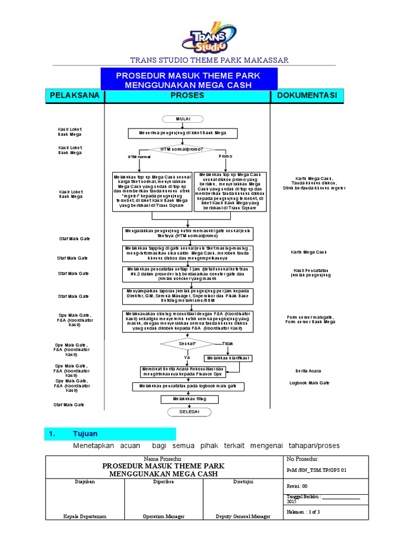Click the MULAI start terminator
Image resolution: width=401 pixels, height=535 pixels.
[x=183, y=119]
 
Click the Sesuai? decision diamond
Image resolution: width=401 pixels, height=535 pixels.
[x=187, y=344]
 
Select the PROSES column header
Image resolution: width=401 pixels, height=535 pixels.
[x=187, y=96]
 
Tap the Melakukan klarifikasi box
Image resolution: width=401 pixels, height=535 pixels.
[x=229, y=358]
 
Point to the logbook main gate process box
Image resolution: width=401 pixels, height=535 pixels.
[x=188, y=386]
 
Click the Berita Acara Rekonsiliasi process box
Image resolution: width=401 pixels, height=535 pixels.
[x=186, y=371]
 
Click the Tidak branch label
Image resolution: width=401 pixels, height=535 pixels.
[x=228, y=343]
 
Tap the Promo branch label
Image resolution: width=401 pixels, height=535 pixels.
[x=226, y=156]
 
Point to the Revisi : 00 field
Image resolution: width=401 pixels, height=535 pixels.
[x=299, y=485]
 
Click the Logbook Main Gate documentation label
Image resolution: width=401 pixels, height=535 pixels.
[x=310, y=383]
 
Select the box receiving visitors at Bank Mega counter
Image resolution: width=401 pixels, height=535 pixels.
[x=183, y=134]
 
